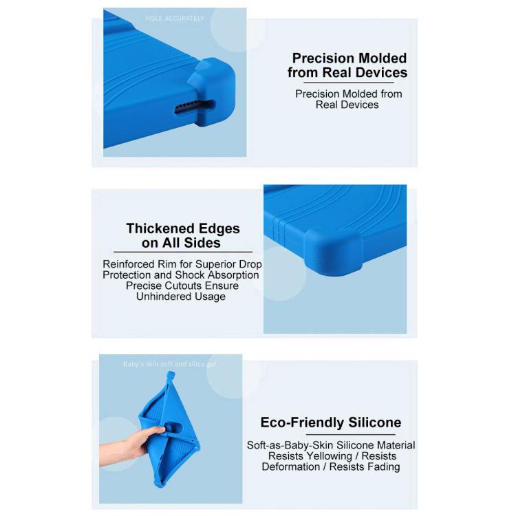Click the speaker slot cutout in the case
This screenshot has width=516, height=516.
click(x=195, y=107)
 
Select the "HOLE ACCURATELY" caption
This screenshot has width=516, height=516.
click(x=175, y=19)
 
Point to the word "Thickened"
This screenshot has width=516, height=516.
click(x=160, y=228)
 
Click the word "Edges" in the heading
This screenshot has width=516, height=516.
click(x=219, y=229)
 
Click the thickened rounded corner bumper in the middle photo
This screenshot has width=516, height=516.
click(x=334, y=251)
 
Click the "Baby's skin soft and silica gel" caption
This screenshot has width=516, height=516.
click(x=170, y=364)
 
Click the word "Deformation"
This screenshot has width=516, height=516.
click(x=290, y=466)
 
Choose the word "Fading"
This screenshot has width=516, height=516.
click(x=384, y=466)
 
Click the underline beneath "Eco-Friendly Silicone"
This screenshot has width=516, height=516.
click(x=350, y=434)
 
